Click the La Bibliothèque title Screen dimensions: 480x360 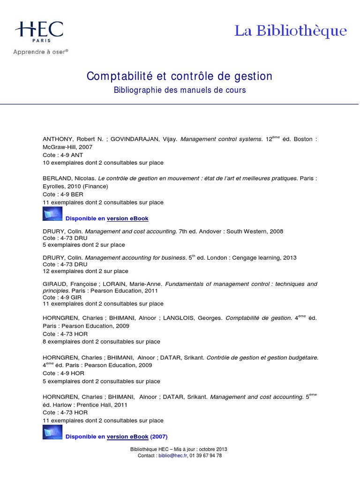point(291,31)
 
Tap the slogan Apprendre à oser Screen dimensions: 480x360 point(41,52)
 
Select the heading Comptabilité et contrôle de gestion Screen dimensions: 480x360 point(180,76)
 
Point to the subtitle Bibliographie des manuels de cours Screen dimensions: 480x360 point(180,90)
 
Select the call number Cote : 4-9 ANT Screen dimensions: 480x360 point(63,155)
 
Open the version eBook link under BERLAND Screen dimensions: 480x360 point(127,219)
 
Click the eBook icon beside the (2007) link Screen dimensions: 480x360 point(52,432)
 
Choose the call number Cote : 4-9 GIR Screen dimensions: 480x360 point(62,297)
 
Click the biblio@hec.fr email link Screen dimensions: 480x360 point(171,456)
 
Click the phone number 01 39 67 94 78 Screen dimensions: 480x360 point(206,456)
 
